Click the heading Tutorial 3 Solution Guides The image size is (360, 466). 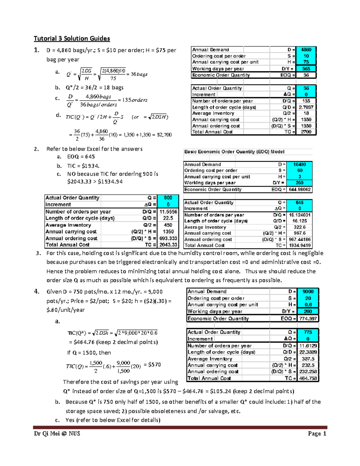tap(72, 38)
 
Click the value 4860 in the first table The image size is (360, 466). tap(306, 50)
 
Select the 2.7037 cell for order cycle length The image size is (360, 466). tap(306, 107)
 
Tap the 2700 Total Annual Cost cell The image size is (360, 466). tap(306, 132)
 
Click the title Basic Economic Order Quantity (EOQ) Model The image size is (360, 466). tap(234, 152)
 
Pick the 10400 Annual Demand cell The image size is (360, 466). tap(299, 164)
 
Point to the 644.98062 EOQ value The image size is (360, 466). tap(299, 190)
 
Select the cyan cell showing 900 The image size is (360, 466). tap(168, 198)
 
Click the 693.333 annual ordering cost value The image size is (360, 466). tap(168, 238)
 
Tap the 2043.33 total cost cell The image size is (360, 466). tap(168, 245)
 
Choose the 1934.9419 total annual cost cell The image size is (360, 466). tap(299, 245)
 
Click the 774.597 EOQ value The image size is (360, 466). tap(308, 318)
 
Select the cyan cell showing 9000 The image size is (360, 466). tap(308, 291)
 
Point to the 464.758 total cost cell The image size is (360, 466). tap(308, 378)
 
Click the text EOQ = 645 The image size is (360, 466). tap(81, 157)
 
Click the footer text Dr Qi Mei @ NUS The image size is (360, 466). tap(57, 434)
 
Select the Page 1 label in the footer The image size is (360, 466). tap(317, 434)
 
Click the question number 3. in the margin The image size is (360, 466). tap(38, 253)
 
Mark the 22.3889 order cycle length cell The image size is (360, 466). tap(308, 352)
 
